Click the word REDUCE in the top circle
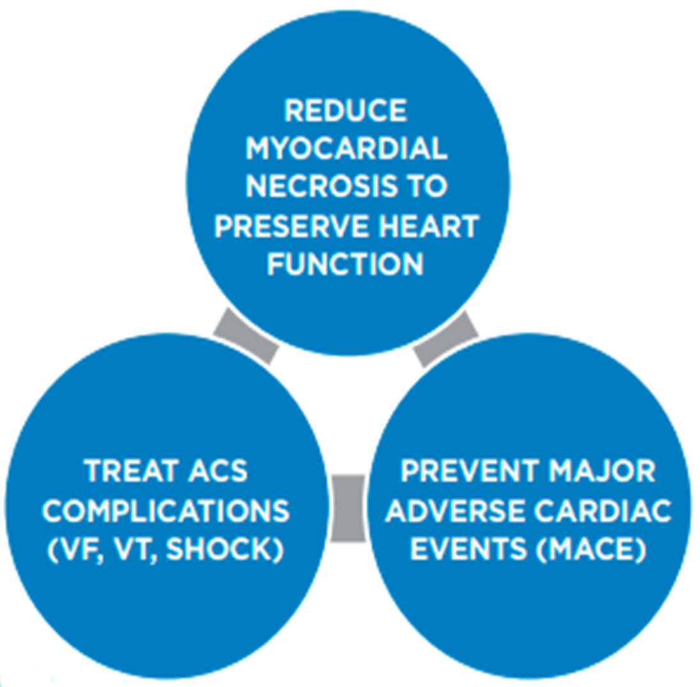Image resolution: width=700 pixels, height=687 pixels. point(346,111)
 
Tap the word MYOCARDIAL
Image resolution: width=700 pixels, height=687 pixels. point(346,149)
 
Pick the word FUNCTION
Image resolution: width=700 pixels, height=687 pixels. point(345,264)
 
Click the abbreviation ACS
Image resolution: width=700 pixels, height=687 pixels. point(216,472)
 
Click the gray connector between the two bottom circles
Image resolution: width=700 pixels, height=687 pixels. point(349,508)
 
